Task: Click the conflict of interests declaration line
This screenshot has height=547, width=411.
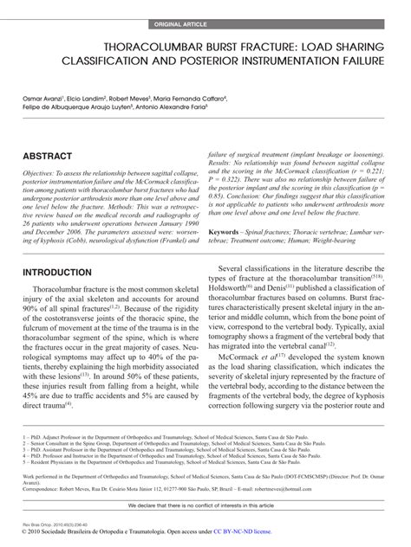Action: pyautogui.click(x=205, y=504)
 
